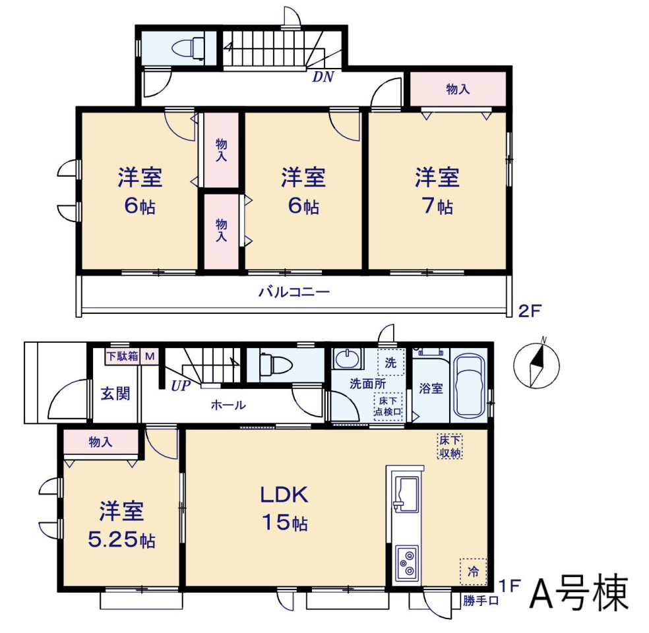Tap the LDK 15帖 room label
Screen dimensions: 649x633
pyautogui.click(x=284, y=508)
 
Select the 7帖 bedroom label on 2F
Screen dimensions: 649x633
pyautogui.click(x=437, y=191)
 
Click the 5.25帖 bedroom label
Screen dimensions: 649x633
pyautogui.click(x=121, y=525)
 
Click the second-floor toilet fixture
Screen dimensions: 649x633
pyautogui.click(x=188, y=48)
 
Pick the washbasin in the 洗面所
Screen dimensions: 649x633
pyautogui.click(x=348, y=358)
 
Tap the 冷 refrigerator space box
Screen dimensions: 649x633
pyautogui.click(x=473, y=572)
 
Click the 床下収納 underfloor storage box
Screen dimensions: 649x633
pyautogui.click(x=450, y=446)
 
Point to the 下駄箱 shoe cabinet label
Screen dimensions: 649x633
pyautogui.click(x=123, y=356)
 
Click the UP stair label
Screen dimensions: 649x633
pyautogui.click(x=181, y=386)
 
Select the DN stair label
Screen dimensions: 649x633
pyautogui.click(x=323, y=76)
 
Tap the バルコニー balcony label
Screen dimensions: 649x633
pyautogui.click(x=294, y=293)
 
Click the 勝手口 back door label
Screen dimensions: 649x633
pyautogui.click(x=480, y=600)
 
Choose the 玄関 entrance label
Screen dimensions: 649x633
pyautogui.click(x=115, y=394)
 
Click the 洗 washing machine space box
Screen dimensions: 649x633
pyautogui.click(x=390, y=363)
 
